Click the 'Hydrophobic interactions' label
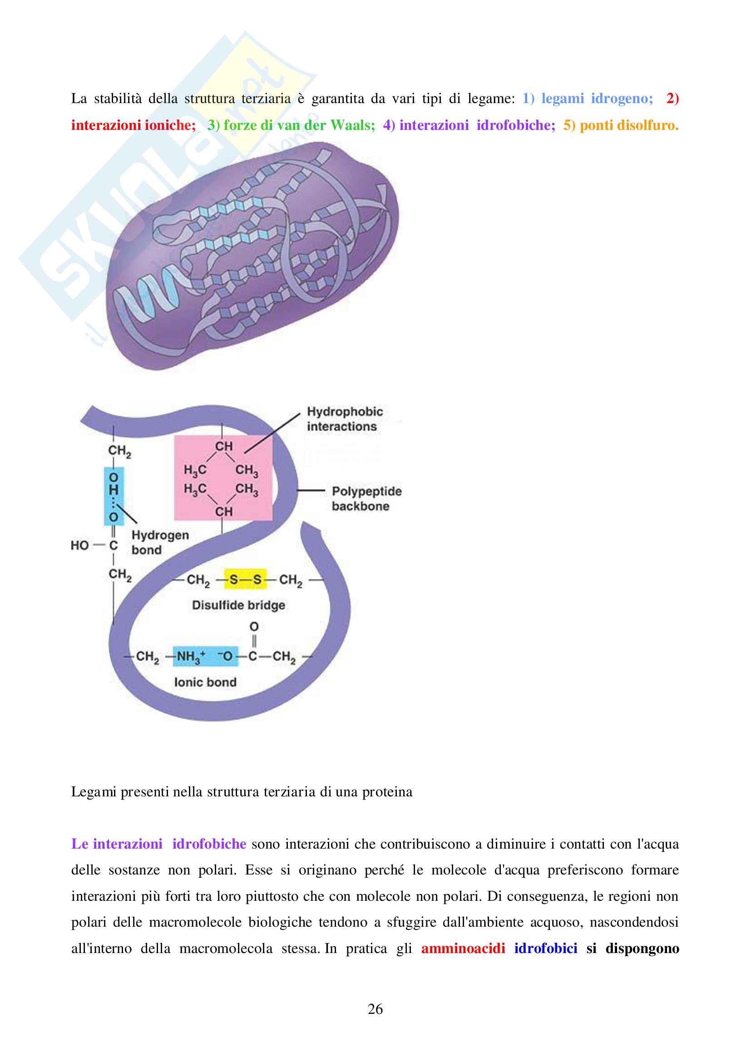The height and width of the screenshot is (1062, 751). click(345, 419)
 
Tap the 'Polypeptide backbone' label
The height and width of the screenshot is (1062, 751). click(366, 499)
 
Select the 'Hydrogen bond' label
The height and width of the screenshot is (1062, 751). click(160, 542)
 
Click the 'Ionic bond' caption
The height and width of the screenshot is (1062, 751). click(205, 682)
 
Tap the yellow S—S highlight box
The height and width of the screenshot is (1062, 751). click(245, 579)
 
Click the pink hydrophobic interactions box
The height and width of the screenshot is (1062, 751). click(223, 478)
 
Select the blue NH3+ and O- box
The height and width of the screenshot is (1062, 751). click(205, 656)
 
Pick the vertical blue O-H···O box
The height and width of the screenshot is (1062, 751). click(114, 496)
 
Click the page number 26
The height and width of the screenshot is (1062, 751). click(375, 1009)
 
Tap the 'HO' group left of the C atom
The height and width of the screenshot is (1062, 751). click(79, 545)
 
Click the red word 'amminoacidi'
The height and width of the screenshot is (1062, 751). click(463, 948)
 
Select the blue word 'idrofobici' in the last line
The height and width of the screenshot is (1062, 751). click(546, 948)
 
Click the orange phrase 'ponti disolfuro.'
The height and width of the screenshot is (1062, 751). click(629, 125)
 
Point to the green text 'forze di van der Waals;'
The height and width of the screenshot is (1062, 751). click(299, 125)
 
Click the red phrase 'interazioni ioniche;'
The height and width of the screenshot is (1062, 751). click(133, 125)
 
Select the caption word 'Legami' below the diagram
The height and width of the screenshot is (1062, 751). click(94, 792)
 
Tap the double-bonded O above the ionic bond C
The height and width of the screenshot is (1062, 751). click(254, 627)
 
